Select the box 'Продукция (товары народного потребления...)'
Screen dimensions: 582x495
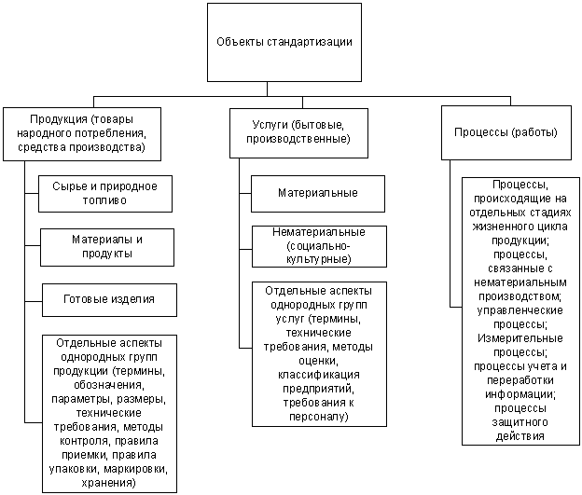[80, 133]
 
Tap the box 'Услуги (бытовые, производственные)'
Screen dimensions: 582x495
[291, 132]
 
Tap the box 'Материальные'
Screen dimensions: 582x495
[318, 192]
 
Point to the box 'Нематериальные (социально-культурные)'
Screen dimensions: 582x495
[318, 245]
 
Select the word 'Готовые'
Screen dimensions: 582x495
[89, 298]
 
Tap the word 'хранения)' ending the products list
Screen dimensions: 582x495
[110, 484]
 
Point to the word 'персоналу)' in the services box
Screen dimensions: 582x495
[318, 417]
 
